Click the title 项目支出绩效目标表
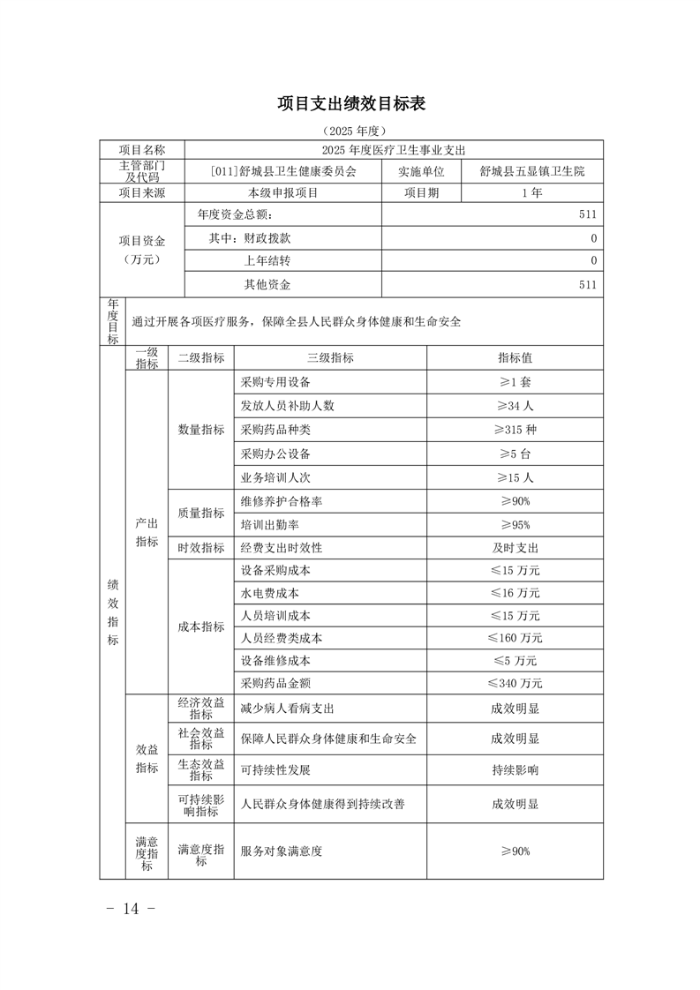[x=351, y=104]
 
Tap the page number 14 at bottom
[x=131, y=909]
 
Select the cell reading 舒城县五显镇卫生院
[x=532, y=171]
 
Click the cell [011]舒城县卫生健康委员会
[x=283, y=171]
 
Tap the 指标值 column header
[x=515, y=357]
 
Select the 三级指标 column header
[x=329, y=357]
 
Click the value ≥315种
[x=515, y=430]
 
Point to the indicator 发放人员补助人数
[x=288, y=406]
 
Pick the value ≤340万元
[x=515, y=683]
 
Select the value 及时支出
[x=515, y=547]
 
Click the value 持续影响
[x=515, y=769]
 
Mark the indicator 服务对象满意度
[x=282, y=851]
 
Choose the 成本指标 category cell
[x=201, y=626]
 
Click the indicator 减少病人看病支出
[x=288, y=708]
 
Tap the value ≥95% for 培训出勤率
[x=515, y=524]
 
